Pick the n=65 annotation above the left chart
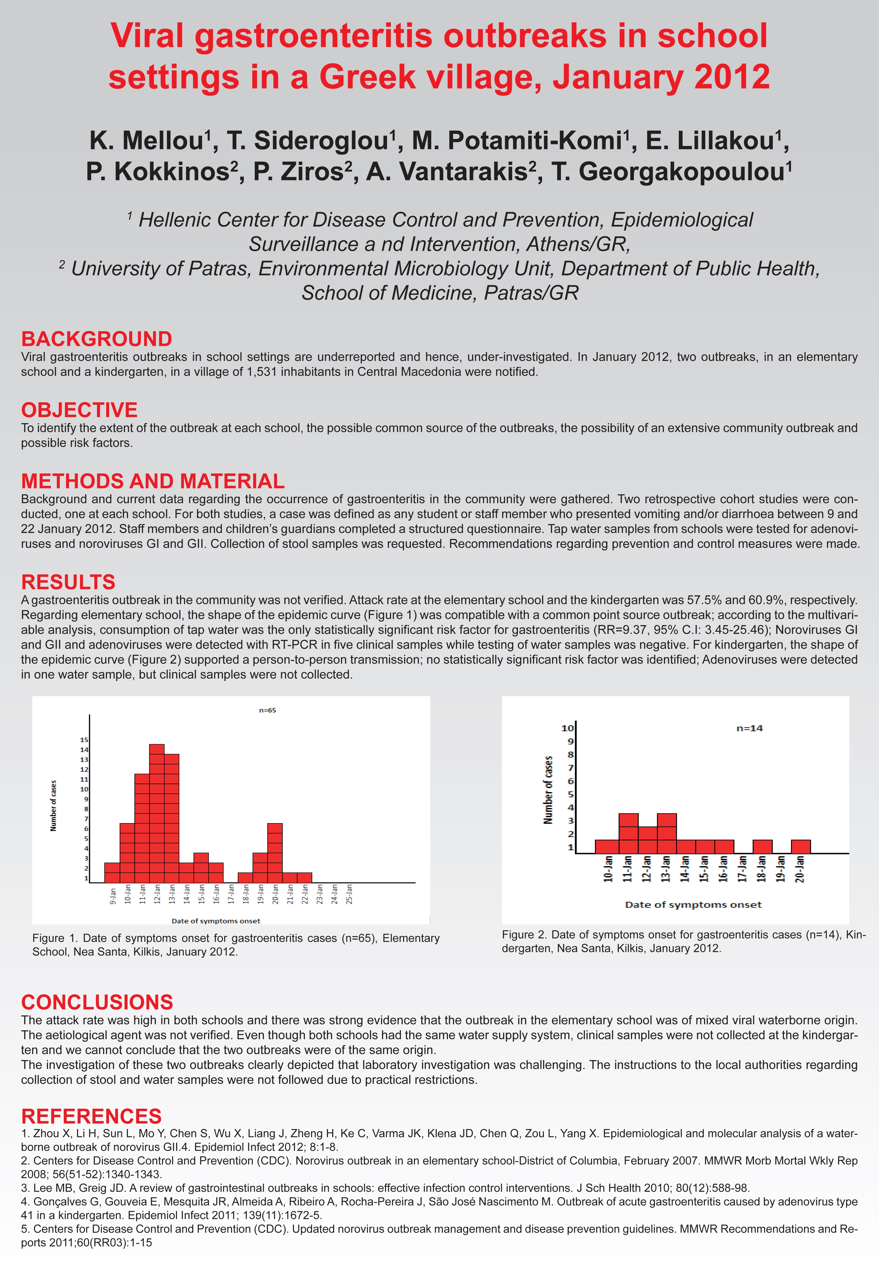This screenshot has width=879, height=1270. [268, 710]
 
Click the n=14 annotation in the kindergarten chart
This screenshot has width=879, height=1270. [749, 728]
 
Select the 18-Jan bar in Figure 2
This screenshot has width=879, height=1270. [762, 846]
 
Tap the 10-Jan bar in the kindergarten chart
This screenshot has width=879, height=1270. [607, 846]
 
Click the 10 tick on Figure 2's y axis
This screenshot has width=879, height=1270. [567, 728]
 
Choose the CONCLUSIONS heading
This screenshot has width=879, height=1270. [97, 1002]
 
